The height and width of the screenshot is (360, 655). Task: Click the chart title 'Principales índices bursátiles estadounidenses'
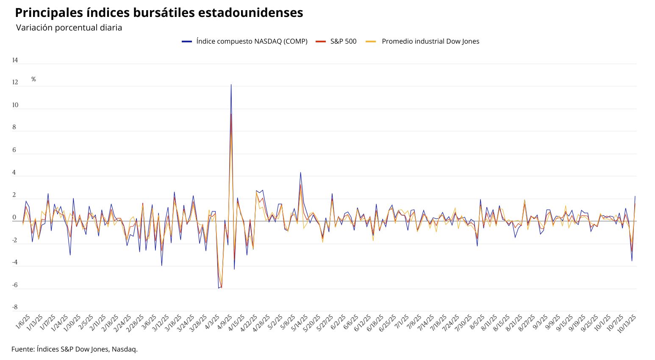pos(159,13)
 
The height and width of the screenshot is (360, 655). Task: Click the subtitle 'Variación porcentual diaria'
pos(69,28)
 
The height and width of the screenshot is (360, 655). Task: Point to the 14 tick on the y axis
pos(15,60)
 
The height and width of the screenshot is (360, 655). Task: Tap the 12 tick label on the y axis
pos(15,82)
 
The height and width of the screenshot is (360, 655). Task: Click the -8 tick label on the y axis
pos(15,307)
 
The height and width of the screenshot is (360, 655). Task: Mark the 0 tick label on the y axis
pos(14,217)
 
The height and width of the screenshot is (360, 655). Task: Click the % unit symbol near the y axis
pos(33,79)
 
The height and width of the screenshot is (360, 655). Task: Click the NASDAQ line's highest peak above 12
pos(231,85)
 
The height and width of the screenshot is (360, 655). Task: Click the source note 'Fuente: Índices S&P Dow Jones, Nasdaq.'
pos(75,349)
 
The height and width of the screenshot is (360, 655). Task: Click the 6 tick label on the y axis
pos(14,150)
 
